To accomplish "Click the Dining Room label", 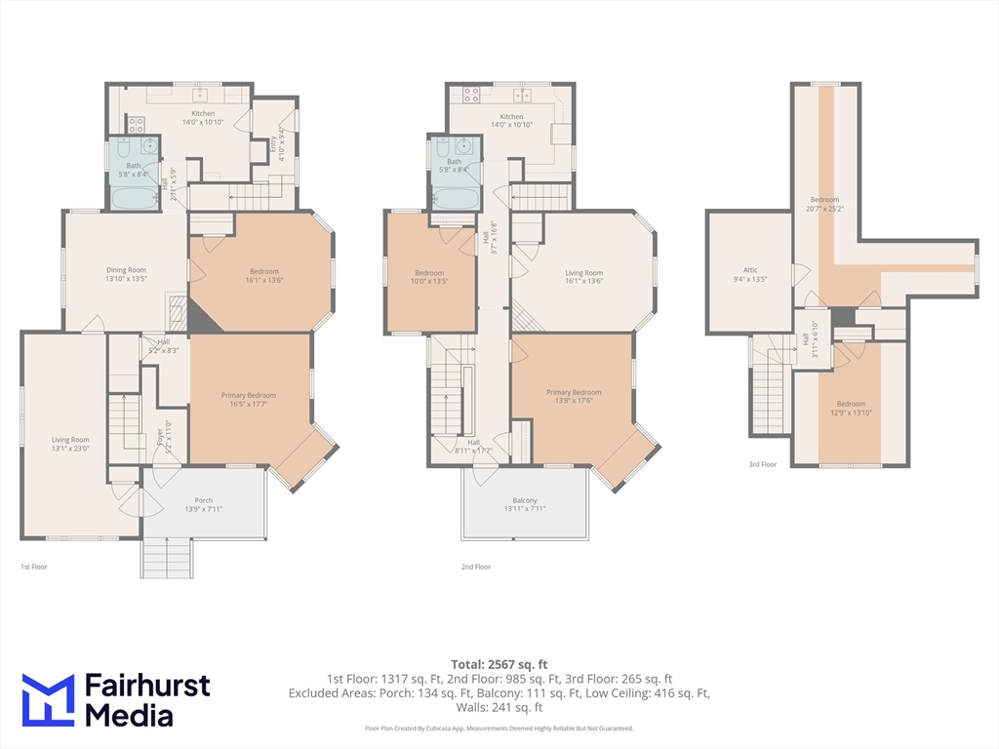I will click(x=126, y=274).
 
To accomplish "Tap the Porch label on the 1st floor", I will click(x=203, y=504).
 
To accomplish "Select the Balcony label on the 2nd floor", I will click(x=526, y=504).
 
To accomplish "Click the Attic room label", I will click(x=750, y=274).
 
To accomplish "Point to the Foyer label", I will click(x=162, y=432).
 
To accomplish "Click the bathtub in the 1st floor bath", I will click(x=134, y=199).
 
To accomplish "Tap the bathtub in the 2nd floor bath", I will click(x=454, y=199).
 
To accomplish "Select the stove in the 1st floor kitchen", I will click(x=136, y=125).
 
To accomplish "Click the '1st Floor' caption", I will click(x=34, y=567).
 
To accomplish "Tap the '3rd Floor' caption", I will click(x=762, y=464).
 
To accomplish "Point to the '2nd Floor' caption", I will click(x=476, y=567).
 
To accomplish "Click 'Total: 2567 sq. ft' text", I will click(x=499, y=664).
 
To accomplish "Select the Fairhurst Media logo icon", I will click(x=48, y=699).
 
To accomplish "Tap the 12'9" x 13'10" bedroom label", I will click(x=850, y=408).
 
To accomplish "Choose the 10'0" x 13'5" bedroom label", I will click(x=429, y=277).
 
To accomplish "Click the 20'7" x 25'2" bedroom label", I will click(x=824, y=204).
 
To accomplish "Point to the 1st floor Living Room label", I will click(x=70, y=444).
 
